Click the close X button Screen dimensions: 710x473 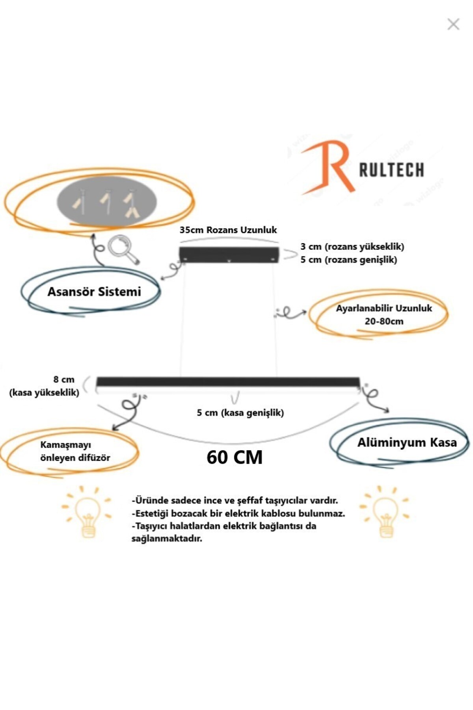pyautogui.click(x=453, y=24)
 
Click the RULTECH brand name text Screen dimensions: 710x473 pyautogui.click(x=391, y=170)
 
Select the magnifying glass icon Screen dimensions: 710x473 pyautogui.click(x=123, y=249)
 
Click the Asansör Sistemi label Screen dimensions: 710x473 pyautogui.click(x=94, y=292)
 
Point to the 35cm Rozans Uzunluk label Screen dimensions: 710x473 pyautogui.click(x=228, y=230)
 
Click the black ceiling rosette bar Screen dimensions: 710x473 pyautogui.click(x=229, y=254)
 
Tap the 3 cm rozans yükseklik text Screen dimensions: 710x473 pyautogui.click(x=352, y=247)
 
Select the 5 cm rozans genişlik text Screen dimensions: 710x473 pyautogui.click(x=348, y=260)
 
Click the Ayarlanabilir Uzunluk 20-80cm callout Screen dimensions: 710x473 pyautogui.click(x=384, y=314)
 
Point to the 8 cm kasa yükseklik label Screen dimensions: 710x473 pyautogui.click(x=44, y=386)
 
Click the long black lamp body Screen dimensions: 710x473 pyautogui.click(x=228, y=382)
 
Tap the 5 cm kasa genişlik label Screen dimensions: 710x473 pyautogui.click(x=240, y=413)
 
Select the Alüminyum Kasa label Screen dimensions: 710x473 pyautogui.click(x=407, y=443)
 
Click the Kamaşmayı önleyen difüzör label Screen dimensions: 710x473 pyautogui.click(x=75, y=451)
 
